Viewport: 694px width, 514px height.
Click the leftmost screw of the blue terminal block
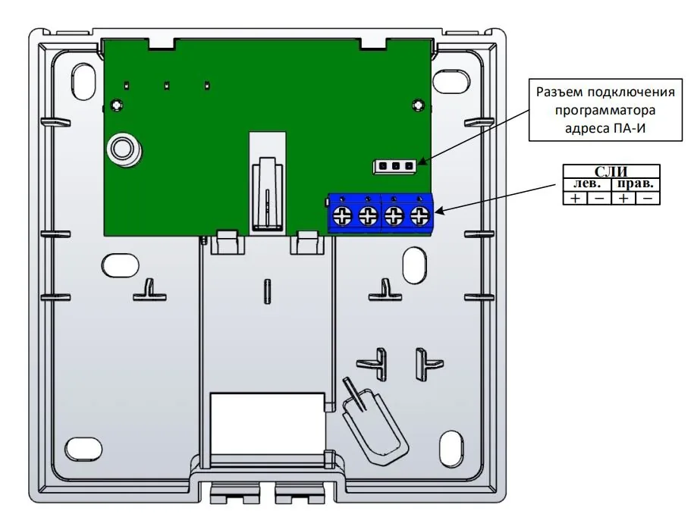(x=343, y=216)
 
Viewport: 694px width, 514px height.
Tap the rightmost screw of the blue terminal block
(x=419, y=216)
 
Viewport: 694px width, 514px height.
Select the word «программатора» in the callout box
(x=605, y=110)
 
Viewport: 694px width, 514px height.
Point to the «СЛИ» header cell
(x=611, y=171)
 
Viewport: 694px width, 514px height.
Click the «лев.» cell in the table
(x=587, y=184)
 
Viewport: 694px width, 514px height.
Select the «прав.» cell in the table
(x=635, y=184)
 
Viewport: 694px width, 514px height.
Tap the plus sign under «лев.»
(x=575, y=198)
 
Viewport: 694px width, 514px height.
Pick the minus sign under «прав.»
(x=647, y=198)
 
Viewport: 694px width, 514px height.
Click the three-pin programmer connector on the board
(x=395, y=166)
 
